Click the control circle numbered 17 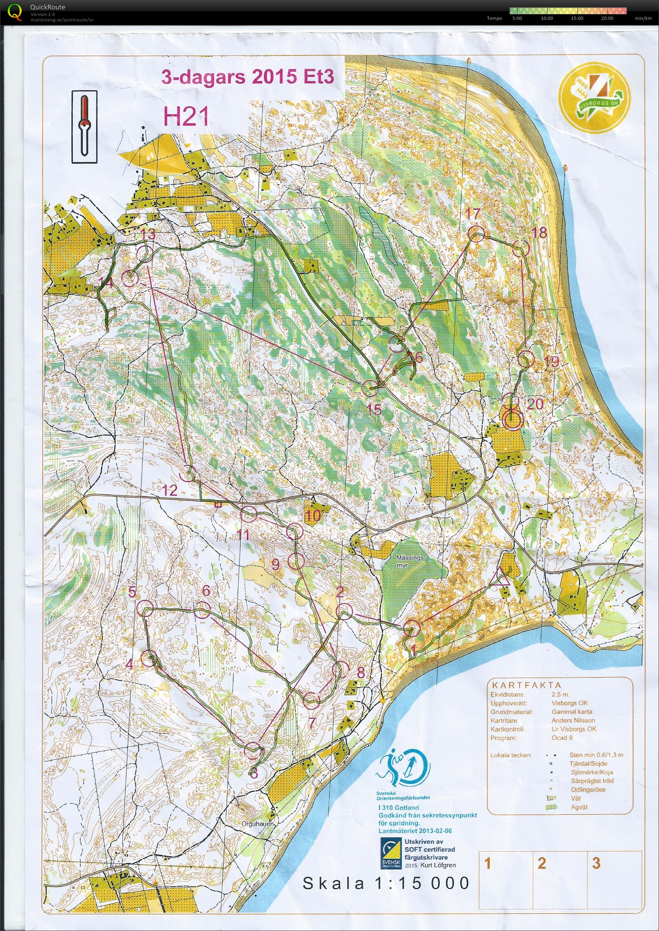(476, 234)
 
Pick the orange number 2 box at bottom (542, 871)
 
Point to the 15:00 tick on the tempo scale (577, 18)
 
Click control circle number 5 (144, 609)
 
